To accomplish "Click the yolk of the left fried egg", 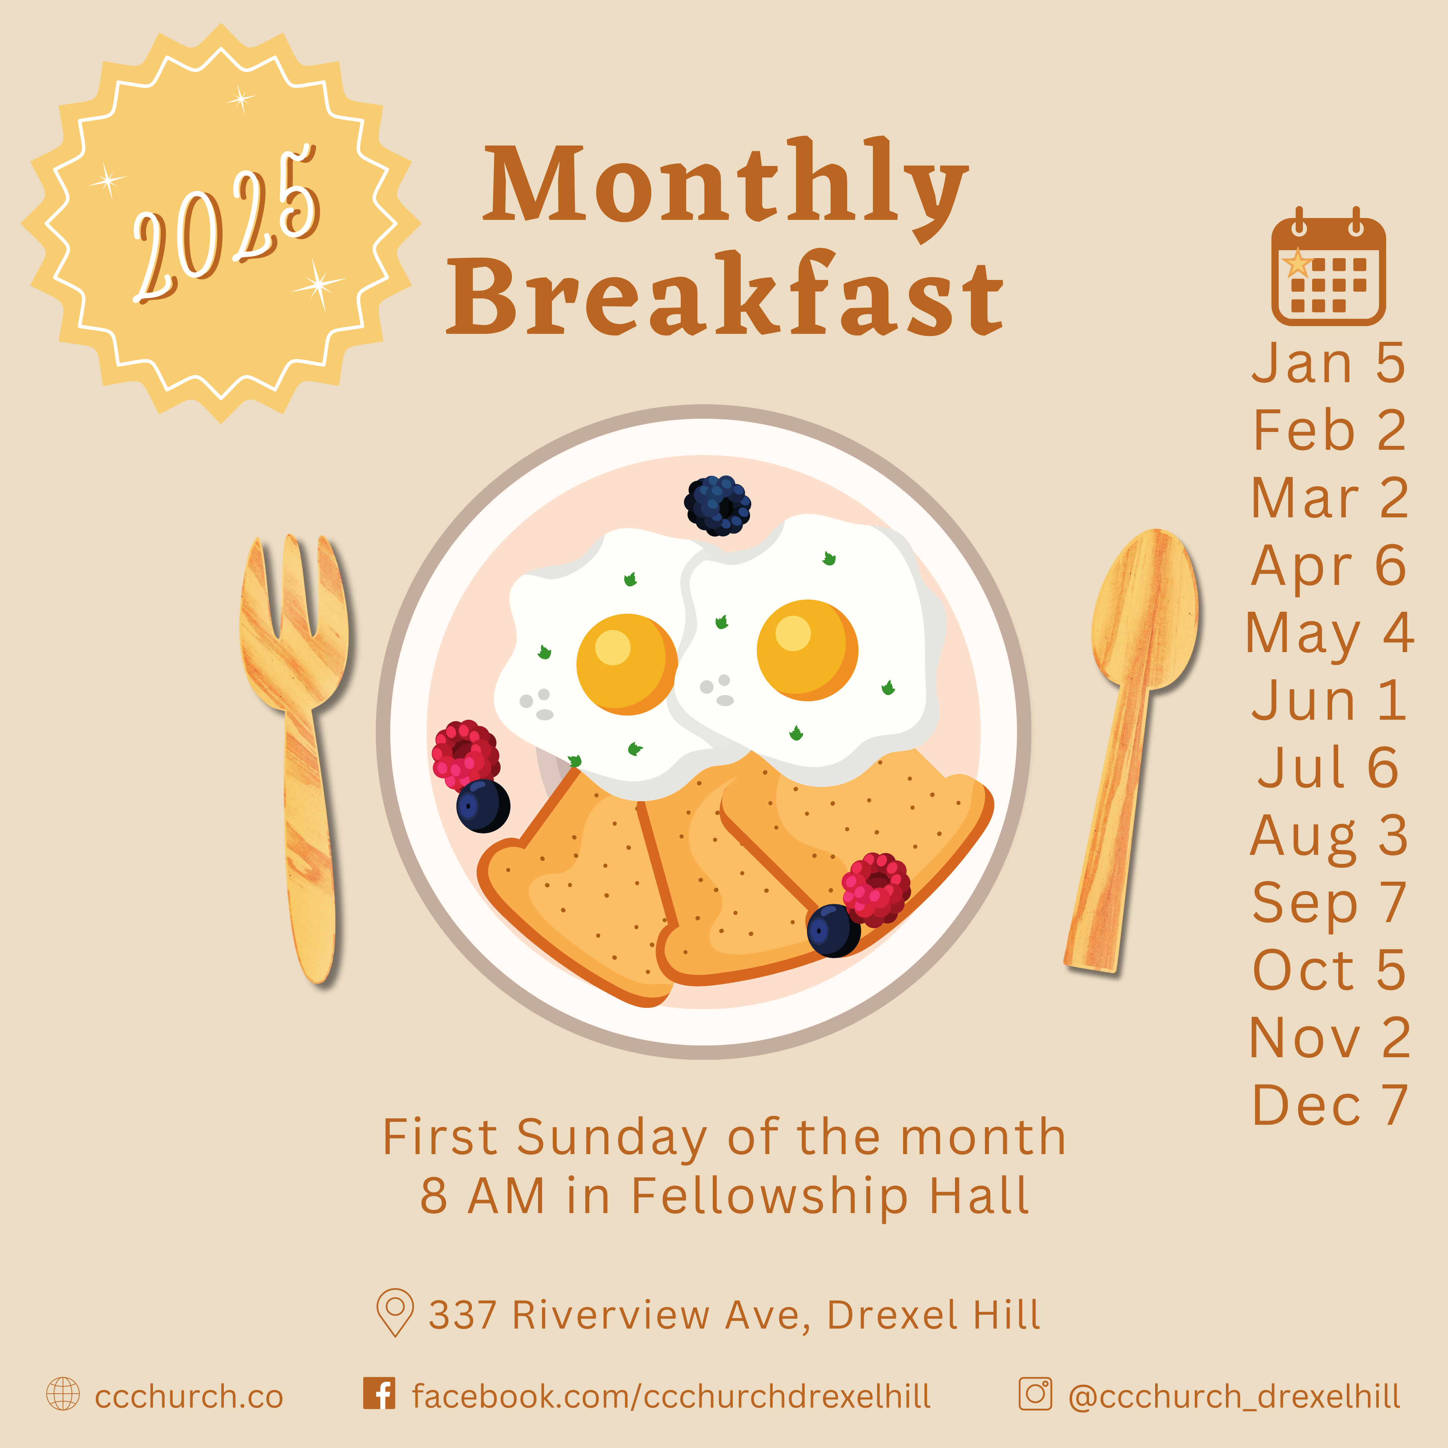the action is [626, 664].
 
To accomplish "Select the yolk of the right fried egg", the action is [807, 650].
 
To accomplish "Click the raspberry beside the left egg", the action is [466, 755].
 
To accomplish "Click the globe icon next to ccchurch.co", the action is [63, 1394].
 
